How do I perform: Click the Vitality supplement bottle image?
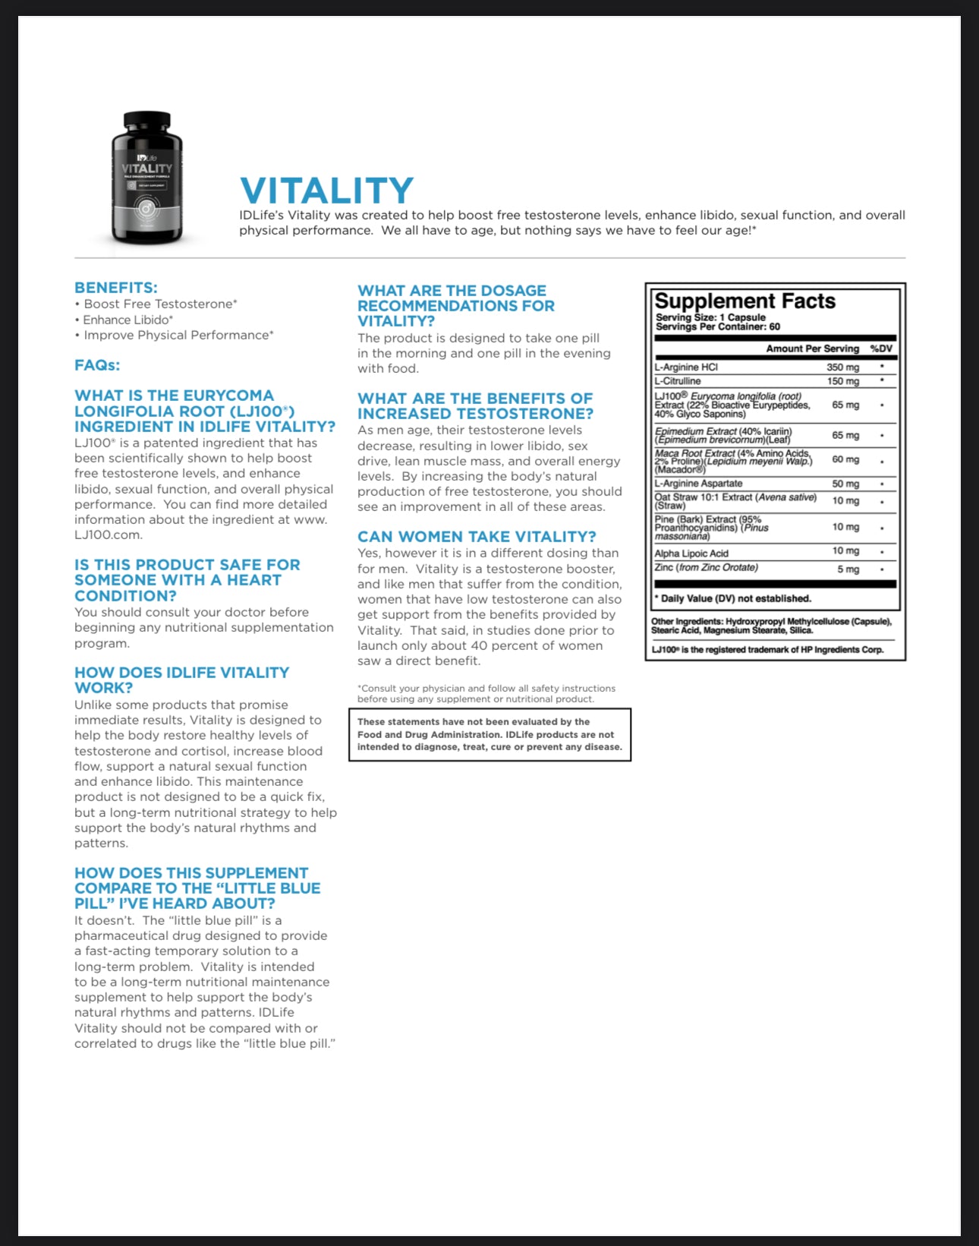tap(147, 178)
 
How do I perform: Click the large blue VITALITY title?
tap(327, 191)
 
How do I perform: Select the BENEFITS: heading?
tap(116, 288)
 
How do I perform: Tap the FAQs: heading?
tap(97, 365)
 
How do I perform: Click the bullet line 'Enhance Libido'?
tap(127, 320)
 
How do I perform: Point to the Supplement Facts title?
tap(744, 301)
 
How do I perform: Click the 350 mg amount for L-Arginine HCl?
tap(842, 367)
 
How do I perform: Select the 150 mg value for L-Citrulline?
tap(842, 381)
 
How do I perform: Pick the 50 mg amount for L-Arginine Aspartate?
tap(845, 484)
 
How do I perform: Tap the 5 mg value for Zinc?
tap(848, 569)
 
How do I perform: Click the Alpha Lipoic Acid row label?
tap(691, 554)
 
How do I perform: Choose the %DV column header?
tap(881, 349)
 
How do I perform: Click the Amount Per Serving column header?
tap(812, 349)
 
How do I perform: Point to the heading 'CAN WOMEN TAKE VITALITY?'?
tap(477, 537)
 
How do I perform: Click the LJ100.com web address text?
tap(108, 535)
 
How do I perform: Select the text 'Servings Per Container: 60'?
tap(717, 327)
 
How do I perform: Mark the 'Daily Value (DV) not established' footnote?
tap(733, 598)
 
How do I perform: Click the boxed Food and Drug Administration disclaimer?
tap(489, 734)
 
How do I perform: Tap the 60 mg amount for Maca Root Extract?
tap(845, 459)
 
